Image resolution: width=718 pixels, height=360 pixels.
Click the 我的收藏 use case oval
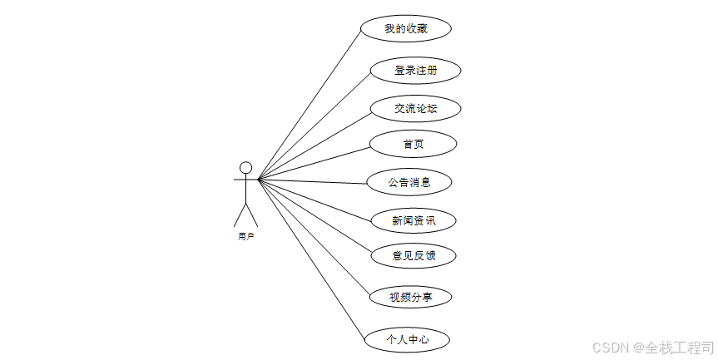pos(406,29)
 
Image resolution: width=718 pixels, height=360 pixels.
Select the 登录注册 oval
pos(415,71)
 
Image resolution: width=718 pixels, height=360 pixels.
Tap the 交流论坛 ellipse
pos(415,108)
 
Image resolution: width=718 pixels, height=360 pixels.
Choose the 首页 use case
pos(413,144)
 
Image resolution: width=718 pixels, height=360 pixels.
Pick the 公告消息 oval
pos(409,182)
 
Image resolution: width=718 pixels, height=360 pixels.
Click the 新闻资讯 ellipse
pos(413,220)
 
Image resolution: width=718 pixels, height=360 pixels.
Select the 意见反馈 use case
pos(413,255)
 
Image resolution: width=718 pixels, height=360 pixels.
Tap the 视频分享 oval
pos(409,296)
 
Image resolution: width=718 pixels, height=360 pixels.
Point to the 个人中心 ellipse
pos(407,339)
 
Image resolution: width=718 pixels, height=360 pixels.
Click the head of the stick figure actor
pos(245,167)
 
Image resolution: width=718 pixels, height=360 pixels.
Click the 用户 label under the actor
pos(245,237)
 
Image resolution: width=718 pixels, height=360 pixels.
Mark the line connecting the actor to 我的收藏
pos(309,104)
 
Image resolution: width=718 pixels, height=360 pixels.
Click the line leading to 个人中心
pos(312,259)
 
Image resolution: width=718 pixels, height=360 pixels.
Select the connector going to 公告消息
pos(312,180)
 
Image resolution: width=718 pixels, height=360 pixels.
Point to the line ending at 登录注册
pos(314,126)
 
